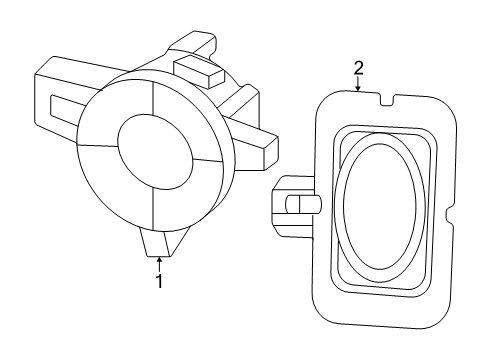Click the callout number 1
158,283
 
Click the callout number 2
358,68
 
